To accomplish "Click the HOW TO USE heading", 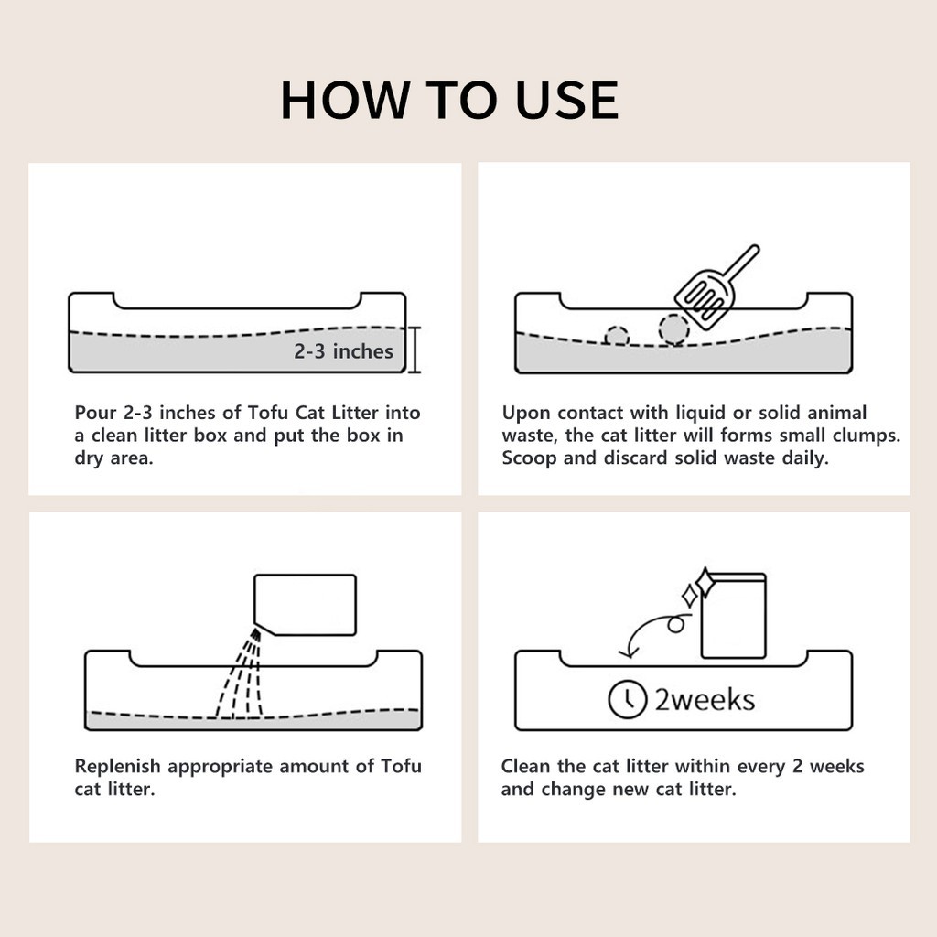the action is [449, 100].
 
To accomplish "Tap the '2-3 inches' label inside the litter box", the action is [344, 351].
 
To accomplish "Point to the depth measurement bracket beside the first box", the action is [415, 350].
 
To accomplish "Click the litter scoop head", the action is [705, 300].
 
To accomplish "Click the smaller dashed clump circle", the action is [617, 336].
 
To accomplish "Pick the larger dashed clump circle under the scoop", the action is [674, 329].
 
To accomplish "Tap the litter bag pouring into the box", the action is [305, 605].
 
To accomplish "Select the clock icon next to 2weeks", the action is [628, 698].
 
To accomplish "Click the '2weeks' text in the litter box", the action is [705, 700].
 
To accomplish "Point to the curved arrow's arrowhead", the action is [628, 652].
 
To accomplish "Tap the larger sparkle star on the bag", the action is [705, 583].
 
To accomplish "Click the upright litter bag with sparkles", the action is [733, 616].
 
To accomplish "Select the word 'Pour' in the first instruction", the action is [95, 413].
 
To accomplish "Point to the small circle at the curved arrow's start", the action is [676, 625].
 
